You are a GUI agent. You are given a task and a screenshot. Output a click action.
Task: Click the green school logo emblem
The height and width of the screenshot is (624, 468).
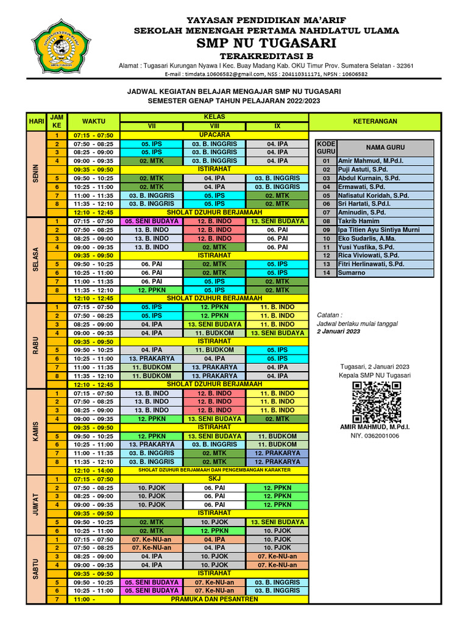coord(52,45)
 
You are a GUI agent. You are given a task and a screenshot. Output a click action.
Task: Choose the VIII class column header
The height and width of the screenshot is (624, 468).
coord(214,126)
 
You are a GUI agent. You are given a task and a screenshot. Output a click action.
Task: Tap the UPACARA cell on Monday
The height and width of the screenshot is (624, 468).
coord(214,135)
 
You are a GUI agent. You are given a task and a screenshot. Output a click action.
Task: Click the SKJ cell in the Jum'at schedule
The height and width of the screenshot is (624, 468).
coord(214,480)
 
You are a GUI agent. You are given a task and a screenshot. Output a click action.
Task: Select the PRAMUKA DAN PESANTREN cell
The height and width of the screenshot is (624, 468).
coord(214,600)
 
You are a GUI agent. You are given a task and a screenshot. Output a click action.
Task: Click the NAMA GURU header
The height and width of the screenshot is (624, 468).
coord(385,147)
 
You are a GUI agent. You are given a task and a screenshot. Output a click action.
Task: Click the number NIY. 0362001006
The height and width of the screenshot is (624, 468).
coord(375,436)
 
